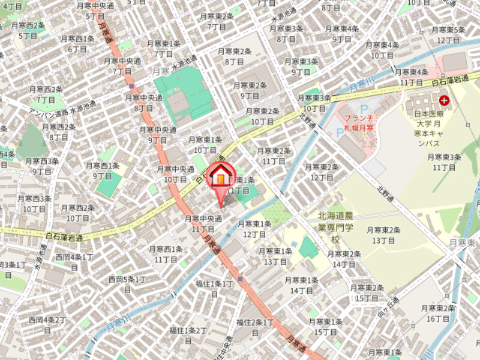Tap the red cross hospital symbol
pos(445,101)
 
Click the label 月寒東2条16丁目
pos(437,313)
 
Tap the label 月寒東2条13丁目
pos(383,235)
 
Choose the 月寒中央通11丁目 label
pos(203,224)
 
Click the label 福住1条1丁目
pos(214,289)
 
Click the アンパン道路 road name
pos(49,113)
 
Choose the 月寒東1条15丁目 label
pos(325,327)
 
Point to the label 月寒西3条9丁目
pos(41,166)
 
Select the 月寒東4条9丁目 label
pos(341,34)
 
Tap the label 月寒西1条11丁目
pos(166,254)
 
